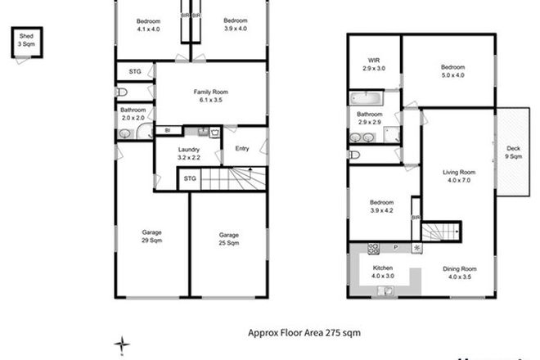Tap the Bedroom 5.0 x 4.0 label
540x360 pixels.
tap(452, 70)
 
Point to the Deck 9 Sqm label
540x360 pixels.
tap(513, 154)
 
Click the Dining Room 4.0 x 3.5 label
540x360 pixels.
tap(462, 273)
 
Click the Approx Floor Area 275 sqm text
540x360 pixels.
tap(304, 333)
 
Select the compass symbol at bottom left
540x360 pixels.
tap(121, 344)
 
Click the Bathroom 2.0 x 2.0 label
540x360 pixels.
tap(133, 114)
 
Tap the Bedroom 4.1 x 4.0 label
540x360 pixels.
tap(149, 25)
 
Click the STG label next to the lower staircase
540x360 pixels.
tap(189, 178)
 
